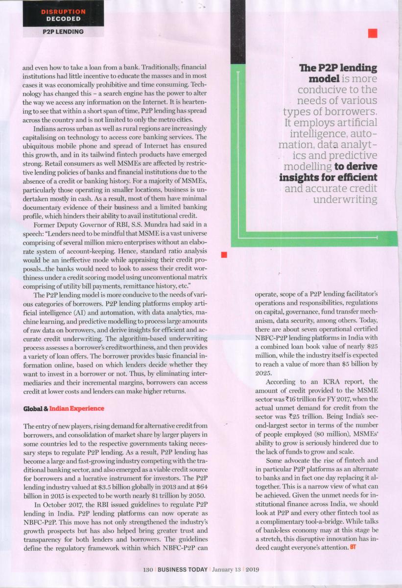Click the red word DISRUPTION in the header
pos(63,11)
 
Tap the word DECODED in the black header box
pos(63,19)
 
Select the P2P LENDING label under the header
pos(63,32)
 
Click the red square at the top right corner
pos(373,33)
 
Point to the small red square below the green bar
pos(224,254)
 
